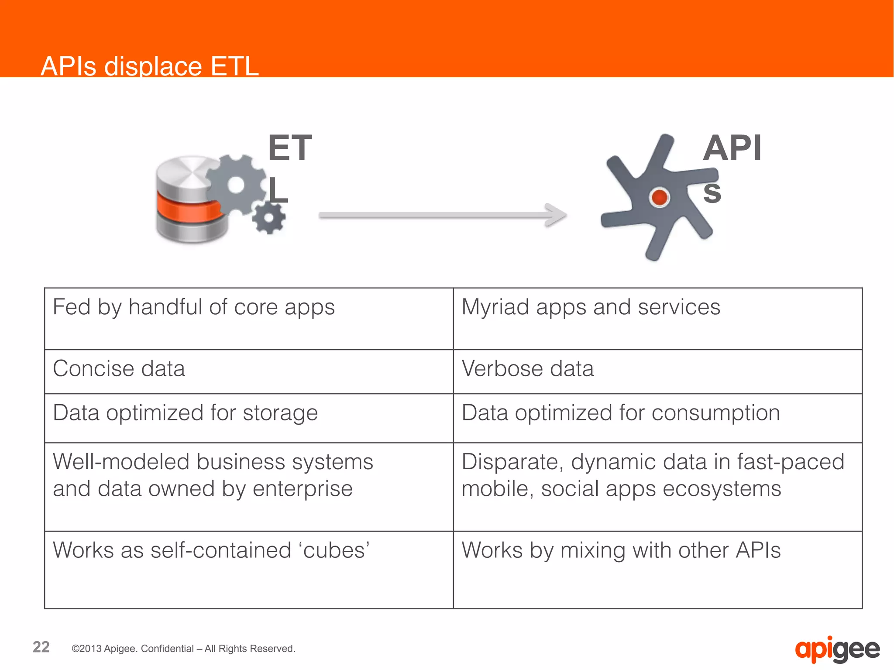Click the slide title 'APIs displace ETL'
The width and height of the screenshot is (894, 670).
(150, 66)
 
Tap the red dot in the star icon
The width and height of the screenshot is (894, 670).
(659, 197)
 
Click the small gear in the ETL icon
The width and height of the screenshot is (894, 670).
(268, 218)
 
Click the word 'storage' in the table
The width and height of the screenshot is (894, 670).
(280, 413)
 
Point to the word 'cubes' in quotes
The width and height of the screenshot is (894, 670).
(334, 550)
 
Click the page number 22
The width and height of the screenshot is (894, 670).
(41, 647)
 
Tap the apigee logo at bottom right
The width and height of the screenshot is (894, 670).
(837, 649)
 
